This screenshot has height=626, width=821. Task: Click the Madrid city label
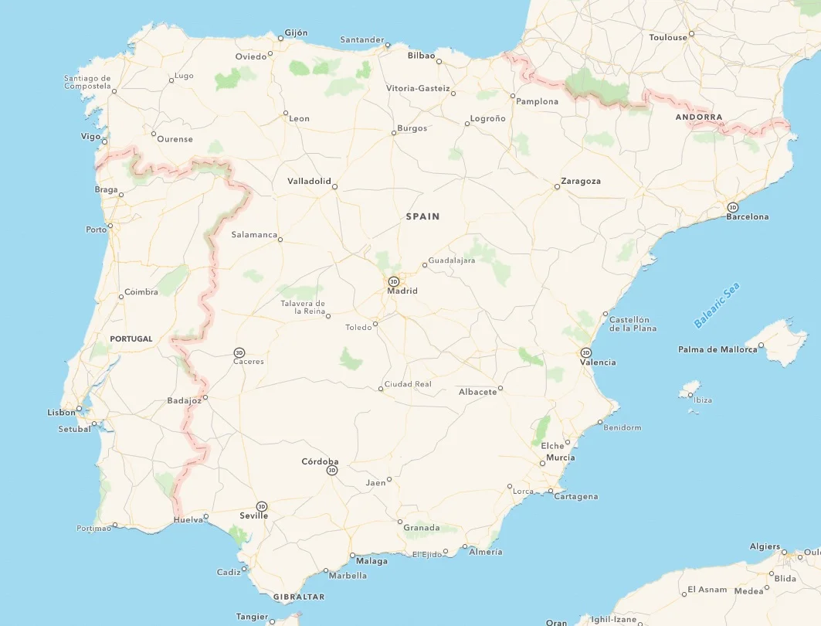(402, 291)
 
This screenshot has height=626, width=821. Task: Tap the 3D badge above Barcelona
(732, 207)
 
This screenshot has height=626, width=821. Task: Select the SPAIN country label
(422, 216)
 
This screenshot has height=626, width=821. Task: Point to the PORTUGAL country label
(131, 339)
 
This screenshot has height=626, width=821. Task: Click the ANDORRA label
(699, 117)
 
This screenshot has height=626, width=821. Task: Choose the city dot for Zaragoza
(557, 186)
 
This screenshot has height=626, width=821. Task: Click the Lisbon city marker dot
(79, 409)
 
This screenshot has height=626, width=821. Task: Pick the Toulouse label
(668, 37)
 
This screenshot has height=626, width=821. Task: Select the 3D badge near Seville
(262, 506)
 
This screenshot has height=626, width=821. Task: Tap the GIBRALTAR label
(299, 597)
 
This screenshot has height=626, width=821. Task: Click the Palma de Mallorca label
(718, 349)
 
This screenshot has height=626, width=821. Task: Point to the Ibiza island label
(703, 400)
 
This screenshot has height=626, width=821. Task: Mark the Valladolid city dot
(335, 185)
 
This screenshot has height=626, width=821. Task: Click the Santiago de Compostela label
(87, 82)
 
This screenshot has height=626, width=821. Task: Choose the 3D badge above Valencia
(585, 352)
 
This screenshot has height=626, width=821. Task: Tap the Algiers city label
(765, 546)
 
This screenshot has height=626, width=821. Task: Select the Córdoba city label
(320, 461)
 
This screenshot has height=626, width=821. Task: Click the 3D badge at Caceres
(239, 352)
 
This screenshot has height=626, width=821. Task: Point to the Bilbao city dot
(439, 60)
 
